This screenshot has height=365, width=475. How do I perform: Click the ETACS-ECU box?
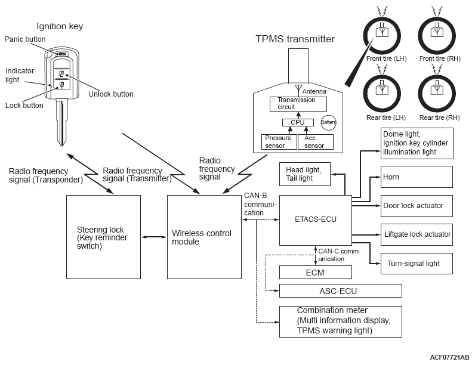[x=315, y=219]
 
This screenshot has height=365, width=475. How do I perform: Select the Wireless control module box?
[x=203, y=237]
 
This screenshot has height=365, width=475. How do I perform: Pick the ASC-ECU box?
[x=340, y=290]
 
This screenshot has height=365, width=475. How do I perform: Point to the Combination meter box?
[x=340, y=321]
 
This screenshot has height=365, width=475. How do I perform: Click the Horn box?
[x=416, y=177]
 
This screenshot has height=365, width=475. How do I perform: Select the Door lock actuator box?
[x=416, y=206]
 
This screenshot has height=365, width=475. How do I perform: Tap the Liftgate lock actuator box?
[x=416, y=234]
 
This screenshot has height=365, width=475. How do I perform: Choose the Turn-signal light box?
[x=416, y=263]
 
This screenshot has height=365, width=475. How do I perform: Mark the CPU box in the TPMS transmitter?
[x=298, y=122]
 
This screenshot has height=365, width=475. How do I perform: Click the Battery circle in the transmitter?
[x=329, y=122]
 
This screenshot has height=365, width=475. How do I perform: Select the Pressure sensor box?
[x=279, y=141]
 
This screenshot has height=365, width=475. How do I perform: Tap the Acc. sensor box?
[x=314, y=141]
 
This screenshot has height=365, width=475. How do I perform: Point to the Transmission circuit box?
[x=298, y=104]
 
